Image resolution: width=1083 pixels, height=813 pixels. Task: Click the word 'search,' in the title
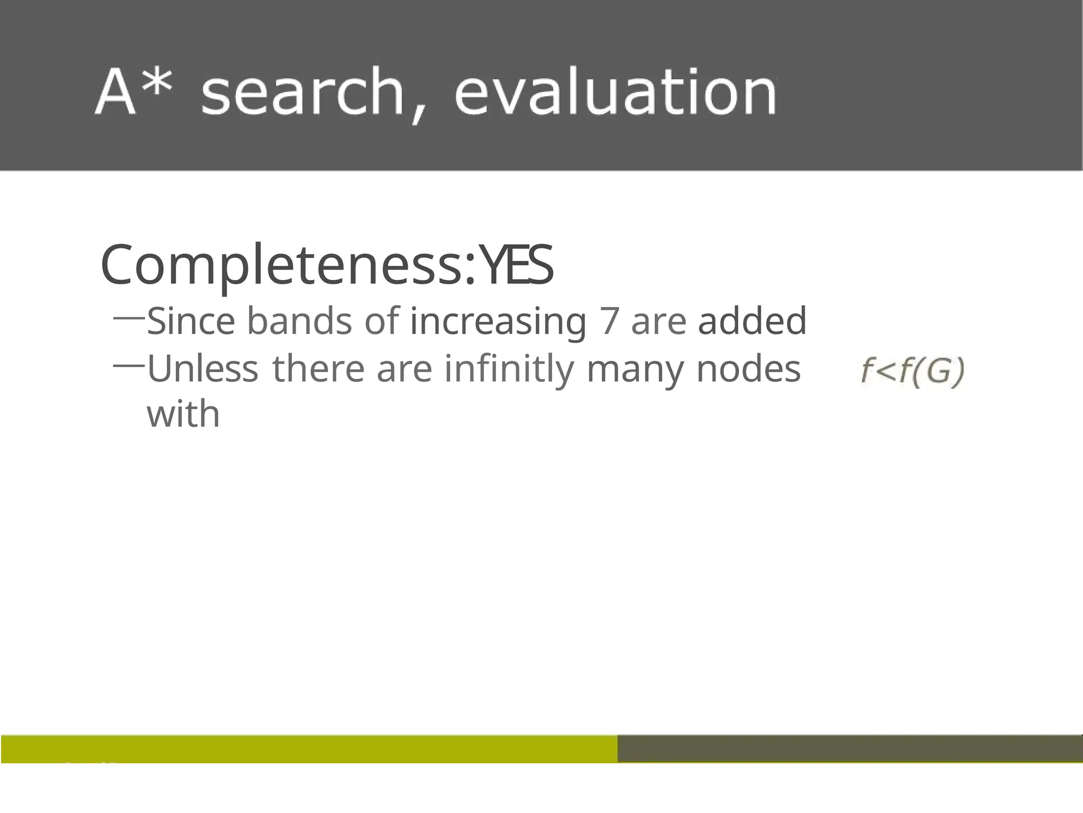(312, 93)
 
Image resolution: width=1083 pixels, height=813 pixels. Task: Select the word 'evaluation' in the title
(615, 93)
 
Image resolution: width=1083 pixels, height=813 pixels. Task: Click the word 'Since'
(191, 321)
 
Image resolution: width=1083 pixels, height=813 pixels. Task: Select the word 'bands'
(299, 321)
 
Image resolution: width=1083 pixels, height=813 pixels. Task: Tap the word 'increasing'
(498, 322)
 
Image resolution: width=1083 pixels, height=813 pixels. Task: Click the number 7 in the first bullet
(609, 321)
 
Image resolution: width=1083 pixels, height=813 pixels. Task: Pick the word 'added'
(752, 321)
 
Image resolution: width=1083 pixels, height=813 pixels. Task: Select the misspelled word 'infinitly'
(509, 369)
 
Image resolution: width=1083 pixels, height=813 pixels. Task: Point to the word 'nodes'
(748, 368)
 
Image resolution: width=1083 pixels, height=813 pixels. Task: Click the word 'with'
(183, 413)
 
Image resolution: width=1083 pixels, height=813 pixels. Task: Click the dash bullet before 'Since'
(129, 318)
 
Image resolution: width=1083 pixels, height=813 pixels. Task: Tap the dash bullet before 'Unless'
(129, 365)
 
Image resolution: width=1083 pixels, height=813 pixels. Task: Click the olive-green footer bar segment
(309, 748)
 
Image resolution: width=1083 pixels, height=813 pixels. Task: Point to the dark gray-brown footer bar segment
(849, 748)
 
